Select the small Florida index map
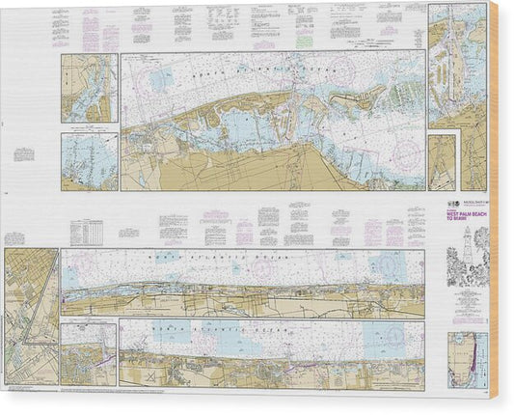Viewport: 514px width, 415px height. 468,360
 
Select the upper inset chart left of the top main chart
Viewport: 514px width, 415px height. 89,88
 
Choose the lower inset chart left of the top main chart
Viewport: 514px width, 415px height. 89,161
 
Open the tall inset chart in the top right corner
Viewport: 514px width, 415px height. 457,65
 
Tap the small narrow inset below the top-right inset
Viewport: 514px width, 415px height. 442,162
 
